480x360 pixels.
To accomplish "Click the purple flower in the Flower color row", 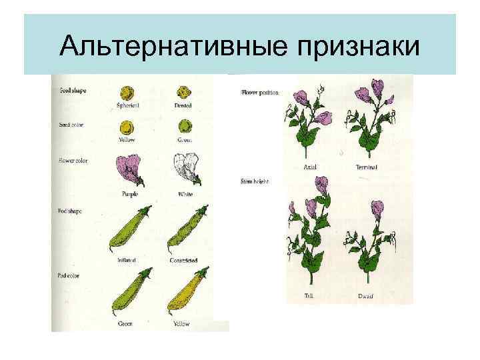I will click(x=129, y=169).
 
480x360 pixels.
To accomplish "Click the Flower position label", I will click(x=258, y=93).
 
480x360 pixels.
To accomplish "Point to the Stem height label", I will click(x=253, y=181).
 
